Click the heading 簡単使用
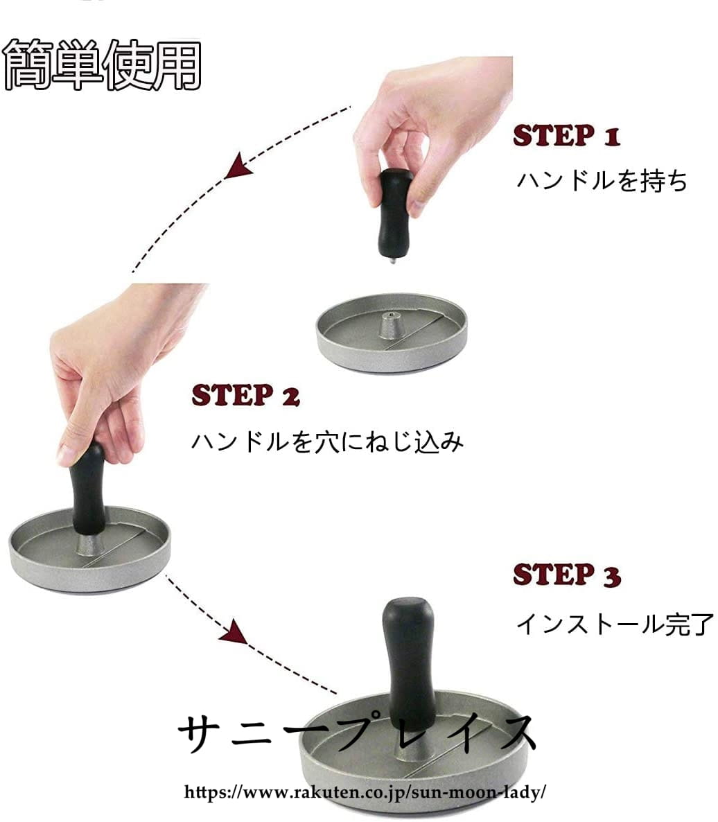(x=102, y=64)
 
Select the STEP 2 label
(x=245, y=395)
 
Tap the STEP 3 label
(x=567, y=575)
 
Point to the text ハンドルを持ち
(x=602, y=180)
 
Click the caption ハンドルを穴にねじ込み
(x=328, y=441)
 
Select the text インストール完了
(x=615, y=624)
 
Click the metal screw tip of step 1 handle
(x=394, y=259)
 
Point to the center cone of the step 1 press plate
(x=391, y=325)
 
